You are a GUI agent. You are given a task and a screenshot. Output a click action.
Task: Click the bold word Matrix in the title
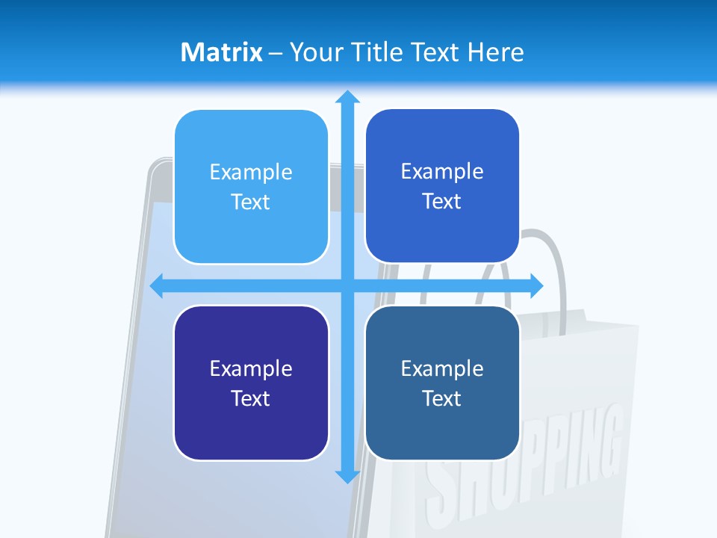click(x=221, y=52)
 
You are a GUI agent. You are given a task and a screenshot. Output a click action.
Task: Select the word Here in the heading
click(x=495, y=52)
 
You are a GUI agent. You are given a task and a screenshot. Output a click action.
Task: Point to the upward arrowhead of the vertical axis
click(x=347, y=97)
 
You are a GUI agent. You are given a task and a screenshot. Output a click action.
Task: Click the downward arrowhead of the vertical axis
click(x=347, y=475)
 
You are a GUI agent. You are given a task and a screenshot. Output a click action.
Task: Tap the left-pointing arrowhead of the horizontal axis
click(x=158, y=286)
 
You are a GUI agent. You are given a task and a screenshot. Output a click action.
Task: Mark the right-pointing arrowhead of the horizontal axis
click(x=536, y=286)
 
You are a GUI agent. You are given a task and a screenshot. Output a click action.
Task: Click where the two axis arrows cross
click(x=347, y=286)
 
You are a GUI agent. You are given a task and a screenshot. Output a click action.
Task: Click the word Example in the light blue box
click(x=251, y=173)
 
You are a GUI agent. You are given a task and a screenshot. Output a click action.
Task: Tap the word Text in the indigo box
click(x=251, y=398)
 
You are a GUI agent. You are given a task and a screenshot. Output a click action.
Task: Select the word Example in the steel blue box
click(x=442, y=368)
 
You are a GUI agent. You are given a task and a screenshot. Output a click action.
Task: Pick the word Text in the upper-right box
click(x=442, y=202)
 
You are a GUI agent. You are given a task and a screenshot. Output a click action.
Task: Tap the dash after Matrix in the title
click(x=275, y=53)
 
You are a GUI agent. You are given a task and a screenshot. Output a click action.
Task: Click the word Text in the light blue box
click(x=251, y=202)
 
